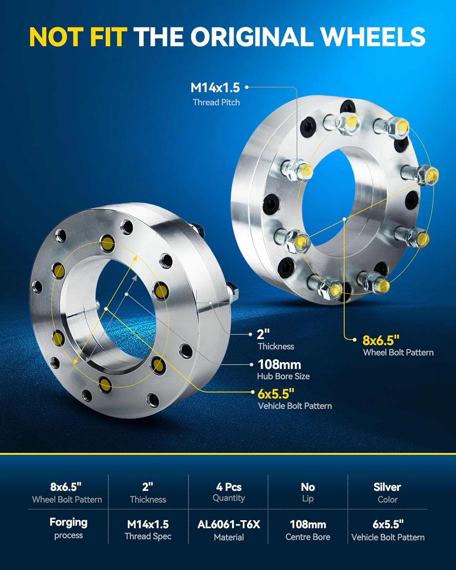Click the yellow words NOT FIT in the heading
click(78, 37)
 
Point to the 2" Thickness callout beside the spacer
click(275, 339)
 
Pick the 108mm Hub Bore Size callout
click(283, 369)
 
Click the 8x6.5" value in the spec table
click(66, 487)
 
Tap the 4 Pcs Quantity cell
click(228, 492)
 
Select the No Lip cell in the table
click(308, 492)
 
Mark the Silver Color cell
click(387, 492)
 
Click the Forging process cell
click(68, 528)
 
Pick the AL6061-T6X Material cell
click(228, 530)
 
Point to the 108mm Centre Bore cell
click(308, 530)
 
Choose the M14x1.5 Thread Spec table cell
click(148, 530)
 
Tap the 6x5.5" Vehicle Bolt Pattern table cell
click(388, 530)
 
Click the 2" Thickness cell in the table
click(148, 492)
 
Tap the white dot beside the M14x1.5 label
click(247, 87)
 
